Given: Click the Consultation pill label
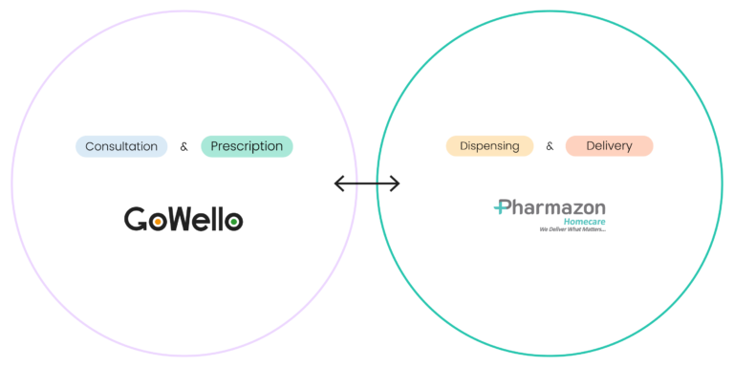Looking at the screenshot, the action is pyautogui.click(x=121, y=146).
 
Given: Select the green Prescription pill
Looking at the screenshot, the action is pyautogui.click(x=247, y=146).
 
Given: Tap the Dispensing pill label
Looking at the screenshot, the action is pyautogui.click(x=489, y=146).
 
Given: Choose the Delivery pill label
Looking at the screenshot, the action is pyautogui.click(x=609, y=146).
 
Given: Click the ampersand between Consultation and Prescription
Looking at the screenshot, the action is pyautogui.click(x=183, y=147).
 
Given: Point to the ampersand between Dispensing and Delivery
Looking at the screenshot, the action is pyautogui.click(x=550, y=146).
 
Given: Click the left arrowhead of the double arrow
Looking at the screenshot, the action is pyautogui.click(x=339, y=183).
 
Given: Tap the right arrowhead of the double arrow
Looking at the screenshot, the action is pyautogui.click(x=395, y=183).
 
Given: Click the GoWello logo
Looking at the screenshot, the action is pyautogui.click(x=183, y=219).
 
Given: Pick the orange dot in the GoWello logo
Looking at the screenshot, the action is pyautogui.click(x=159, y=221).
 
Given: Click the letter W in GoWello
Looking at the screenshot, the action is pyautogui.click(x=184, y=219).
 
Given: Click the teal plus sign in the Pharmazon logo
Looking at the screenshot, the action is pyautogui.click(x=502, y=206).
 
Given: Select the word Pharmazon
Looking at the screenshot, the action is pyautogui.click(x=550, y=207).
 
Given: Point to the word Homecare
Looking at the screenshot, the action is pyautogui.click(x=584, y=222).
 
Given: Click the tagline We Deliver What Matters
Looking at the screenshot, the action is pyautogui.click(x=572, y=229).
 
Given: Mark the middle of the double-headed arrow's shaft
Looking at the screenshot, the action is pyautogui.click(x=367, y=183).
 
